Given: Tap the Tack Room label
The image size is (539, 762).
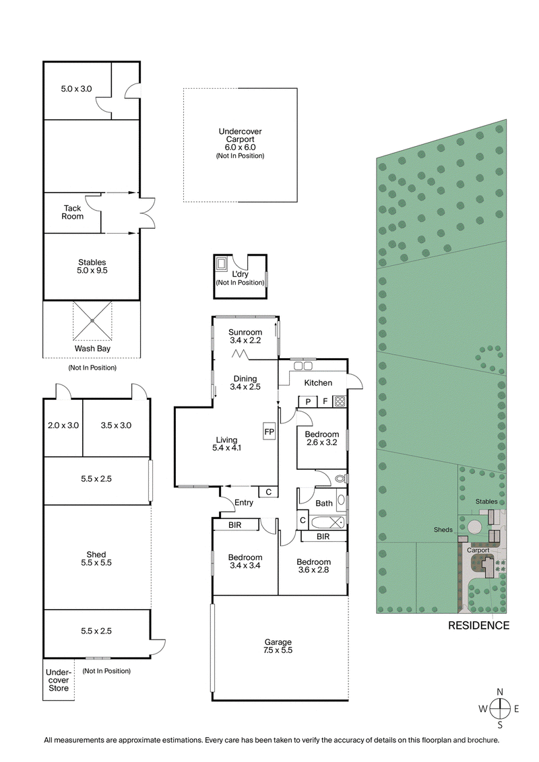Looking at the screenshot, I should click(x=73, y=212).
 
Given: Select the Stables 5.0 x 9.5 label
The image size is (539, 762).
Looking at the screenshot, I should click(x=92, y=267).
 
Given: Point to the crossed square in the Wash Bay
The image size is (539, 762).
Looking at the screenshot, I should click(x=92, y=321).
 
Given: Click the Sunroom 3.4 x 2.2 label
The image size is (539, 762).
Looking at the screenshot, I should click(x=245, y=336).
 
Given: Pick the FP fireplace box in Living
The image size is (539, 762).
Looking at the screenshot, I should click(x=269, y=431).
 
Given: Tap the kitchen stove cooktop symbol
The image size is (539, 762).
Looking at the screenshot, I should click(x=340, y=402).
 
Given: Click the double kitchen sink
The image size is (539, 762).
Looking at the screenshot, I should click(x=303, y=366).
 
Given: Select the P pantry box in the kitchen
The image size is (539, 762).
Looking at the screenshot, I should click(x=308, y=402).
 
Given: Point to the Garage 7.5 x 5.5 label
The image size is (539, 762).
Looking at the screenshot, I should click(x=278, y=646).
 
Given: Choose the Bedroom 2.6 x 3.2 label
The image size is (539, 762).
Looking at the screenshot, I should click(x=322, y=439).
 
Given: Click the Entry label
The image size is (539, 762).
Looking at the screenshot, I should click(x=244, y=502).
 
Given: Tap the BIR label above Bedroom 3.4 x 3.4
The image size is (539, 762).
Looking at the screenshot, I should click(x=235, y=525).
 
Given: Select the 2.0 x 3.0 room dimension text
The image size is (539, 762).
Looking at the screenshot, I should click(x=63, y=425).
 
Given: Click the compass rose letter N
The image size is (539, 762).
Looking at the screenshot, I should click(x=499, y=692).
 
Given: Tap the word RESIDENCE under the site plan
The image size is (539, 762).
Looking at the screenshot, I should click(x=479, y=625).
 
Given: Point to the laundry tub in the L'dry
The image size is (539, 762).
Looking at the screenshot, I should click(x=222, y=263).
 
